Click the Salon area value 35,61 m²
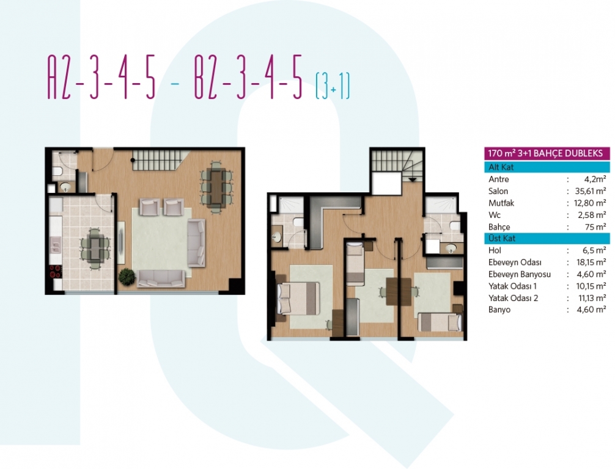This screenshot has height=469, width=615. (x=591, y=191)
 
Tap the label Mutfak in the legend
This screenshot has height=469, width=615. (x=501, y=203)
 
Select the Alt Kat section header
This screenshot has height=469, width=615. (x=547, y=167)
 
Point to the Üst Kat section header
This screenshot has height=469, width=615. (x=547, y=238)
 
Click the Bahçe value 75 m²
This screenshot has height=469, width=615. (x=595, y=227)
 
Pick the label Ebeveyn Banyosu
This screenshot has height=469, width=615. (x=519, y=274)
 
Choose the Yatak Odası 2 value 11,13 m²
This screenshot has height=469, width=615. (x=592, y=298)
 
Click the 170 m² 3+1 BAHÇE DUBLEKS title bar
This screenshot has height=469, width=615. (x=547, y=153)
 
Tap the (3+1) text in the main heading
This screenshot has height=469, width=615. (x=333, y=86)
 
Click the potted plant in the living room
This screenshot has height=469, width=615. (x=127, y=277)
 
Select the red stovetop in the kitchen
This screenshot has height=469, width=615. (x=56, y=271)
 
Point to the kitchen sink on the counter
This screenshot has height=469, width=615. (x=55, y=245)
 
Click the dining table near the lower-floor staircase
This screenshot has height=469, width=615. (x=216, y=187)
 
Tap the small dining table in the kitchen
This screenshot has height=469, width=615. (x=95, y=249)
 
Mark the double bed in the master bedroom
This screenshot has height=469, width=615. (x=298, y=299)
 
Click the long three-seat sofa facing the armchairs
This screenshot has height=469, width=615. (x=161, y=278)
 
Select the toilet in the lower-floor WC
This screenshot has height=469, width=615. (x=57, y=171)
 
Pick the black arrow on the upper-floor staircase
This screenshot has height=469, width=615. (x=413, y=180)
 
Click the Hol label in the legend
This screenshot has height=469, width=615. (x=495, y=250)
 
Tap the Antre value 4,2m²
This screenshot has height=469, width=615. (x=595, y=180)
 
